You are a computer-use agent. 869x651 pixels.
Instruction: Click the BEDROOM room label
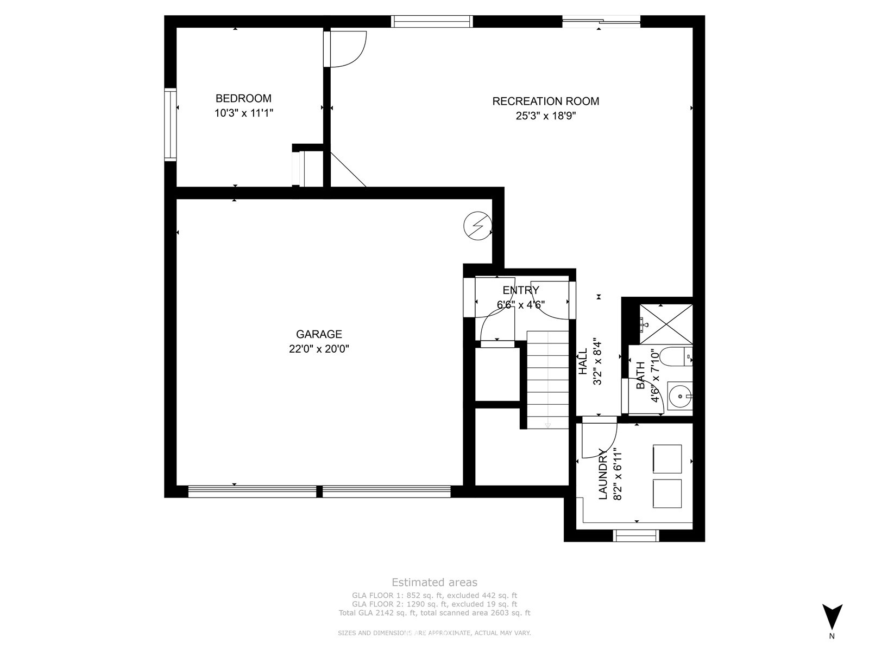point(243,98)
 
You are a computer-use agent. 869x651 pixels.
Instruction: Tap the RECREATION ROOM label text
point(545,101)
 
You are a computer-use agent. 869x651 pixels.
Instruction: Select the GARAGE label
point(319,334)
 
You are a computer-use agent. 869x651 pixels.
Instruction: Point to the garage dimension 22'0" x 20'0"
point(319,349)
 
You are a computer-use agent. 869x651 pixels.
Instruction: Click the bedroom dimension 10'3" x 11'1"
point(243,113)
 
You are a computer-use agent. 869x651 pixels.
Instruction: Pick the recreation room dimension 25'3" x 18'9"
point(545,116)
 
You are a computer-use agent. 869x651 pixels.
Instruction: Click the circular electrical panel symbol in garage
point(477,226)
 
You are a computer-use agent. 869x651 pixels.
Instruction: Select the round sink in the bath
point(680,395)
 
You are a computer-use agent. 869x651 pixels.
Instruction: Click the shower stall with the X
point(666,324)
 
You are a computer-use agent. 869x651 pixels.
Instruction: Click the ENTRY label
point(521,290)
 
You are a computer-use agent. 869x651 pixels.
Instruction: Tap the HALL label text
point(583,362)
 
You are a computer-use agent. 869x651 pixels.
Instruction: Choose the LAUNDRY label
point(602,474)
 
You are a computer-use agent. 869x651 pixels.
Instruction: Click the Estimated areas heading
point(434,582)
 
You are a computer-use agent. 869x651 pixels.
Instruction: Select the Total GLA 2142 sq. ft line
point(434,613)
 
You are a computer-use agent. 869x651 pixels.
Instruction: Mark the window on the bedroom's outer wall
point(171,125)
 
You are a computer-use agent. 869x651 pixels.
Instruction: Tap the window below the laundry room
point(636,535)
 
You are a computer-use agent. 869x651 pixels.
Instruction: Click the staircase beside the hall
point(547,380)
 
